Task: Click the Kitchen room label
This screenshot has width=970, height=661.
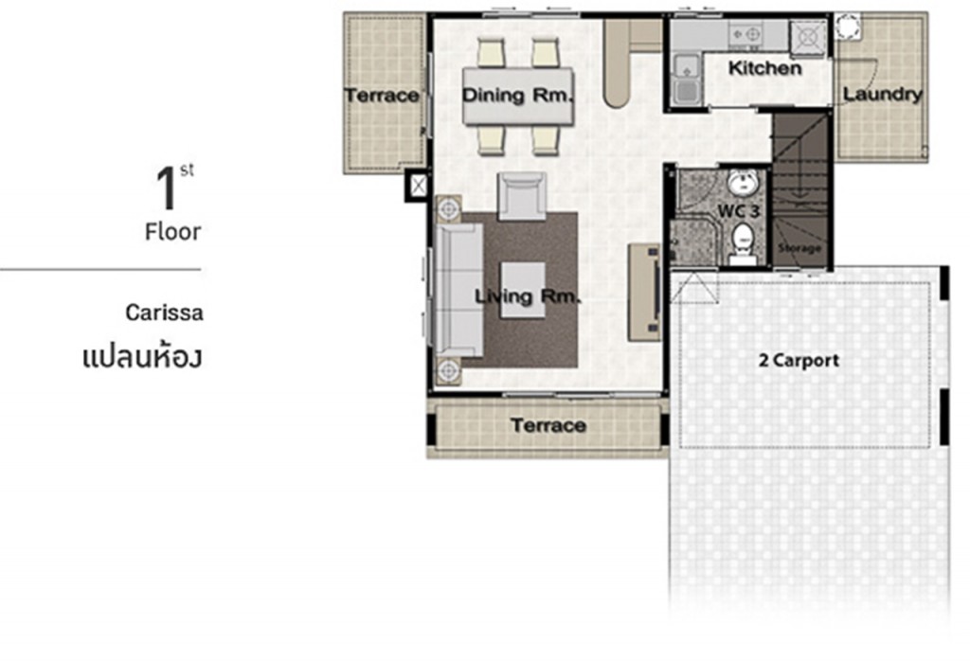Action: (x=764, y=68)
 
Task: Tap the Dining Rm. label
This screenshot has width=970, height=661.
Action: (x=518, y=95)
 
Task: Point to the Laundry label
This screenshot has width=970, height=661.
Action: (x=882, y=95)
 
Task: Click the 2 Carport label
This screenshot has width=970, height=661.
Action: (x=799, y=360)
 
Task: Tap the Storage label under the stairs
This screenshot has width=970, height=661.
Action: (x=799, y=248)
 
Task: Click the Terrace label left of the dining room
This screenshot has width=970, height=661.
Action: (x=381, y=95)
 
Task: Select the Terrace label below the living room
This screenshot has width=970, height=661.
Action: (x=548, y=425)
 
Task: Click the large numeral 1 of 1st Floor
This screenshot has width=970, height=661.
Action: (x=167, y=189)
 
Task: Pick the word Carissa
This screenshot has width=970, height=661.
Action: (x=164, y=312)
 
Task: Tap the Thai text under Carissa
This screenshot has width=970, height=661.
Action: (x=142, y=358)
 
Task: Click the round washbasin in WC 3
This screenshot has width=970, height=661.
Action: (x=742, y=182)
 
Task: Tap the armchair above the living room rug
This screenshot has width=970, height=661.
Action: (x=521, y=196)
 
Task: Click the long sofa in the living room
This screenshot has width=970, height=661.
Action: (x=455, y=289)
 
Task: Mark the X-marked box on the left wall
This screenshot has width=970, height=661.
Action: (x=416, y=186)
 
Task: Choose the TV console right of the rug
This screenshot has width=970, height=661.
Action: (x=646, y=290)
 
